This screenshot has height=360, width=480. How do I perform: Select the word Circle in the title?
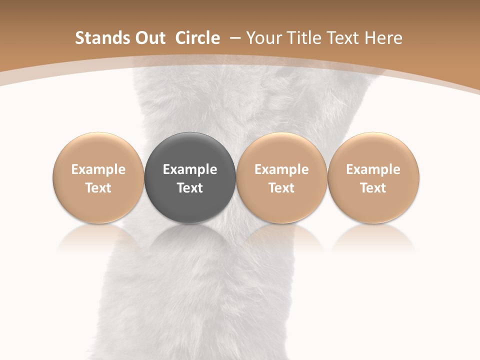(x=197, y=38)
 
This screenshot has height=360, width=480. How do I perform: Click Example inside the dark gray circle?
(x=190, y=169)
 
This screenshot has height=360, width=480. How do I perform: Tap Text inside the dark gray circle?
(x=190, y=188)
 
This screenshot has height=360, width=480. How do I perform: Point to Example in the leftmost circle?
(x=98, y=169)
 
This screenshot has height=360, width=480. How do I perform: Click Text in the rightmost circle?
(x=373, y=188)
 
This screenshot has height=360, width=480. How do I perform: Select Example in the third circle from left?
(x=281, y=169)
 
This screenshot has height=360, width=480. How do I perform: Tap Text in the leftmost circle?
(x=98, y=188)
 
